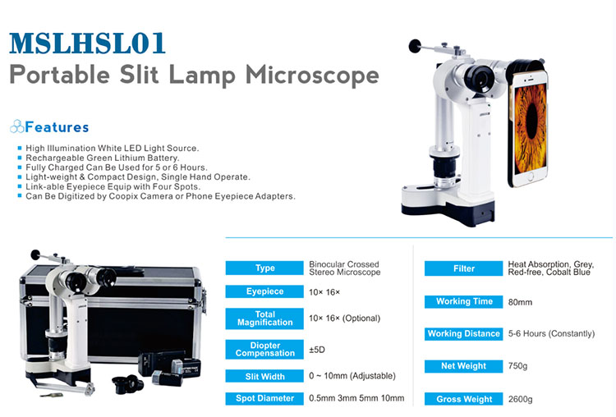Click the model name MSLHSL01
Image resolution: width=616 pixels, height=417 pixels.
point(87,44)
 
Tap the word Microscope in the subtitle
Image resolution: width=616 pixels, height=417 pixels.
point(312,75)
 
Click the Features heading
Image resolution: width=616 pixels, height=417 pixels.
point(57,127)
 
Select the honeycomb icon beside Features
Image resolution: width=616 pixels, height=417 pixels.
point(17,127)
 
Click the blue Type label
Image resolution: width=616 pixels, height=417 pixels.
point(264,268)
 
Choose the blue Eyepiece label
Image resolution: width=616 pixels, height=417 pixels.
point(264,291)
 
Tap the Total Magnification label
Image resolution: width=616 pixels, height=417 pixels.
point(264,318)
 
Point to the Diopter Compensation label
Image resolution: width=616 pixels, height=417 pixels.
point(264,350)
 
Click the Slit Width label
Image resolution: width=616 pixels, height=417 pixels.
point(264,376)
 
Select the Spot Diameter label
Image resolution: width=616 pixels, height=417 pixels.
point(264,398)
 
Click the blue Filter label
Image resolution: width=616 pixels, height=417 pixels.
point(463,268)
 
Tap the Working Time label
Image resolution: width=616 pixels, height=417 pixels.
point(463,301)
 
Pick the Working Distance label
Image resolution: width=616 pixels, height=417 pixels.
point(463,334)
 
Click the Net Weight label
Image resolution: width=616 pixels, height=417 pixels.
point(463,366)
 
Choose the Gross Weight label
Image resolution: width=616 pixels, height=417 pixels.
point(463,399)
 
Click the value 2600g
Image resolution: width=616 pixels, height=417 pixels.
point(520,399)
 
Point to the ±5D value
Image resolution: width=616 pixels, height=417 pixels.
point(317,350)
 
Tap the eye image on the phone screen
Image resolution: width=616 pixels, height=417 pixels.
point(531,126)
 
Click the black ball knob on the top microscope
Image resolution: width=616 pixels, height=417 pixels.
point(415,46)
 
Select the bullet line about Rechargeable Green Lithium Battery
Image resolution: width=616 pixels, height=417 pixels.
point(102,158)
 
